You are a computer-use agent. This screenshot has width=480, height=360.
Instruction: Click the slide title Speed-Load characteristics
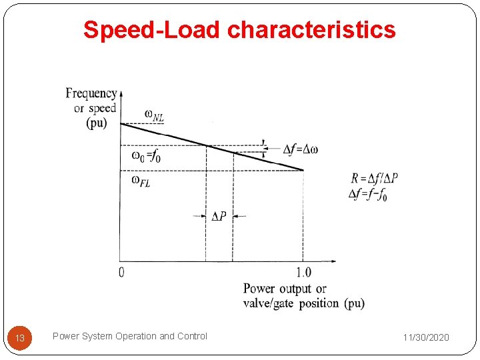click(x=239, y=30)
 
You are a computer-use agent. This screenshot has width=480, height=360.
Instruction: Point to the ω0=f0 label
click(x=146, y=157)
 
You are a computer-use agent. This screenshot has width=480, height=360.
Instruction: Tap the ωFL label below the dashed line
click(x=141, y=181)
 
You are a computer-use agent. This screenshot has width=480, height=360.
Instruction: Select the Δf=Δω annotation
click(x=299, y=149)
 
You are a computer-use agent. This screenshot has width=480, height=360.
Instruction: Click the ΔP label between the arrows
click(x=219, y=216)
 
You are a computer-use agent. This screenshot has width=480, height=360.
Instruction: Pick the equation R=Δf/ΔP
click(x=373, y=179)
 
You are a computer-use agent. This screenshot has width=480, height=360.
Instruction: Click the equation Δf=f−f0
click(x=368, y=194)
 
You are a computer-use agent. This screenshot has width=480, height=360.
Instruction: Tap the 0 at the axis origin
click(x=121, y=271)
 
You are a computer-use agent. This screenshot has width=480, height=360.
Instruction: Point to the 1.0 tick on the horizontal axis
click(x=303, y=272)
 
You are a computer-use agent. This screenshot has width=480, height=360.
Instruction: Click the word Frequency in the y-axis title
click(x=91, y=93)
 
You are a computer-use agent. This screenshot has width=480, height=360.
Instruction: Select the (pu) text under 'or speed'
click(x=97, y=123)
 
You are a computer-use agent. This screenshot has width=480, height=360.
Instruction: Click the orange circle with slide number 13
click(x=20, y=338)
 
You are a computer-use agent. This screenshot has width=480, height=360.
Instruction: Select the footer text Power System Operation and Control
click(x=129, y=336)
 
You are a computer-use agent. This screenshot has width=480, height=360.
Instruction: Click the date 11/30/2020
click(x=426, y=337)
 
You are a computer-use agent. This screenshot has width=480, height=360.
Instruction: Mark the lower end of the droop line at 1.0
click(x=303, y=170)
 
